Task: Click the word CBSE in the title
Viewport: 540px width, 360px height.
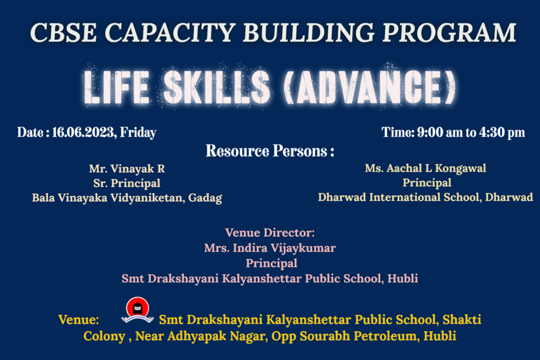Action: click(x=63, y=32)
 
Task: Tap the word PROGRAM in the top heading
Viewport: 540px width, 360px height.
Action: click(x=449, y=32)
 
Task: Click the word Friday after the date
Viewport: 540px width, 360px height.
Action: click(x=138, y=133)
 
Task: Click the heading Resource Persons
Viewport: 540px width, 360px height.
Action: click(x=270, y=151)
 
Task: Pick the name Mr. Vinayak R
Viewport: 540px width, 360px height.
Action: click(x=127, y=169)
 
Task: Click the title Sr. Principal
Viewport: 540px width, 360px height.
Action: click(x=127, y=183)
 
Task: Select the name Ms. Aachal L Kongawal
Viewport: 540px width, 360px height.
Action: click(x=425, y=169)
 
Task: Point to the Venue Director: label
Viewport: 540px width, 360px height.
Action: click(x=270, y=233)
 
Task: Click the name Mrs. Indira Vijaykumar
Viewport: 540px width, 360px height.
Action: click(x=270, y=248)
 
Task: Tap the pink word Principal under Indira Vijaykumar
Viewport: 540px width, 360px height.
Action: click(x=272, y=263)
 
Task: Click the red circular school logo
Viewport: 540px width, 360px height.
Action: click(x=138, y=308)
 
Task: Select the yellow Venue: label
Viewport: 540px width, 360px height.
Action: click(x=79, y=320)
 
